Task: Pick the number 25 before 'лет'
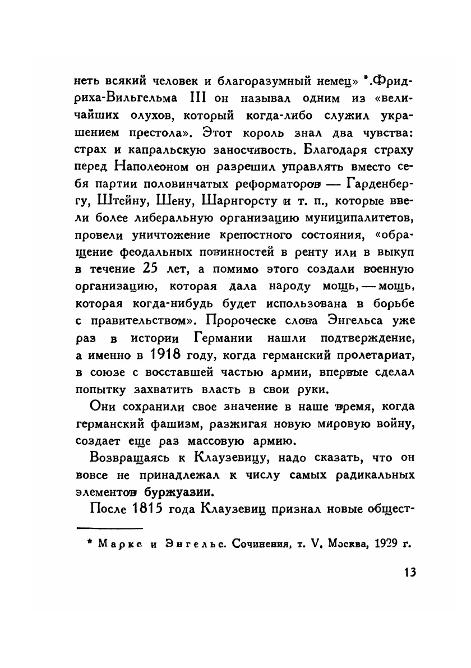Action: click(136, 269)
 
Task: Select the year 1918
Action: click(169, 355)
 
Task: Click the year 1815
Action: click(153, 511)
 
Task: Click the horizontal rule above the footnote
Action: click(110, 527)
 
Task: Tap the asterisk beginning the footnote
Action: click(82, 543)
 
